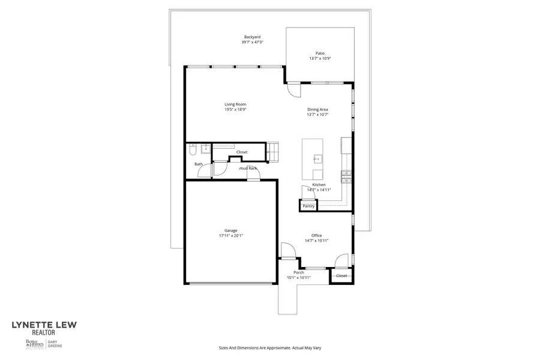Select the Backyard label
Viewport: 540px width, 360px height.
click(252, 37)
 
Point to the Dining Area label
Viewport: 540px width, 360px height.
click(317, 109)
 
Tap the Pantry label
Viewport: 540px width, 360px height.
click(308, 206)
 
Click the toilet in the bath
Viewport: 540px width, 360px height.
click(192, 148)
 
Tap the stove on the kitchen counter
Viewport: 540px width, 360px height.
click(346, 175)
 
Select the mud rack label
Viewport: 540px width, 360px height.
click(248, 168)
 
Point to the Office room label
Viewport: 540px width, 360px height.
click(316, 235)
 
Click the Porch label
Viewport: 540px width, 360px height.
click(298, 273)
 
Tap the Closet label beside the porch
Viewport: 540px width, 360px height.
click(341, 275)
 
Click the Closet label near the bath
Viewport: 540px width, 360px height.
click(241, 152)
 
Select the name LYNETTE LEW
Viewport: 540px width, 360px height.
click(44, 325)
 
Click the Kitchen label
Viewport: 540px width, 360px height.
click(319, 185)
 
